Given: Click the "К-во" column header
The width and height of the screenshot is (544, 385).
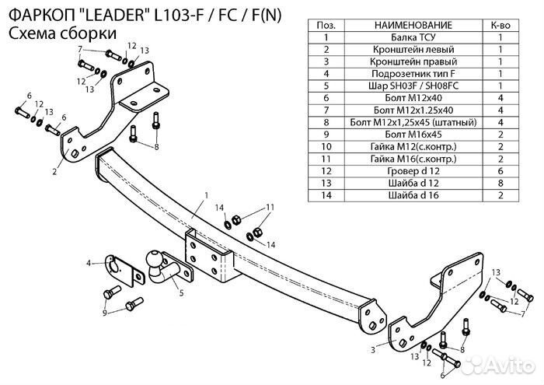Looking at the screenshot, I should coord(501,26).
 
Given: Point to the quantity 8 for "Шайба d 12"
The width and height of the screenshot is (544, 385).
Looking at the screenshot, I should coord(501,183).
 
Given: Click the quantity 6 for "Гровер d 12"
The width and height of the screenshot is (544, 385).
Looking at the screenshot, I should coord(501,171).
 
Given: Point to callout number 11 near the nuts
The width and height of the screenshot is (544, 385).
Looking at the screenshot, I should coord(270,207).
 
